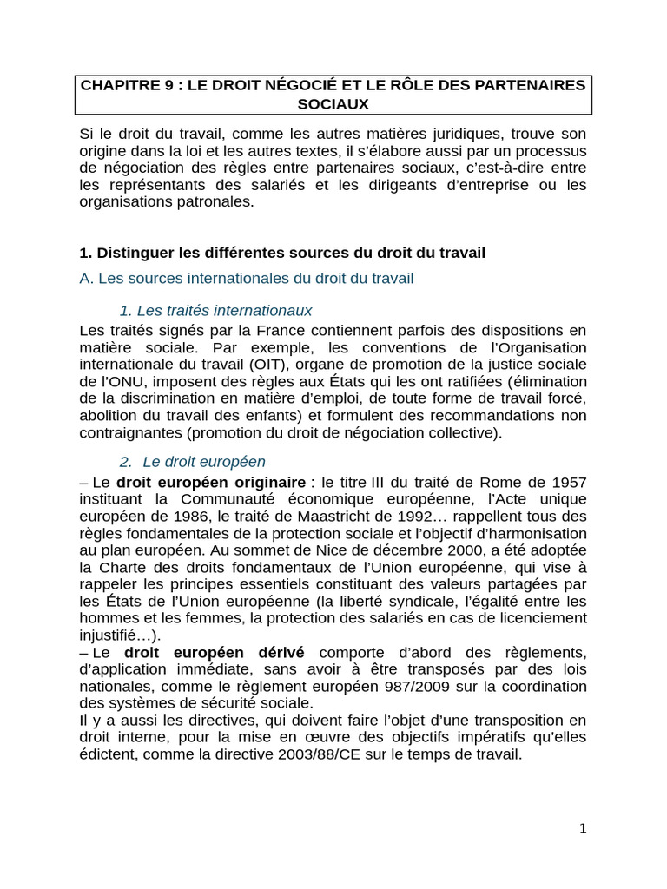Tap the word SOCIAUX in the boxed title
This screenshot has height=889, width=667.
click(333, 103)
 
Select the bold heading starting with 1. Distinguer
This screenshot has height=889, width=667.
click(282, 253)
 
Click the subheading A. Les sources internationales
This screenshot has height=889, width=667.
click(247, 279)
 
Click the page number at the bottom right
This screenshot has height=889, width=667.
click(583, 828)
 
